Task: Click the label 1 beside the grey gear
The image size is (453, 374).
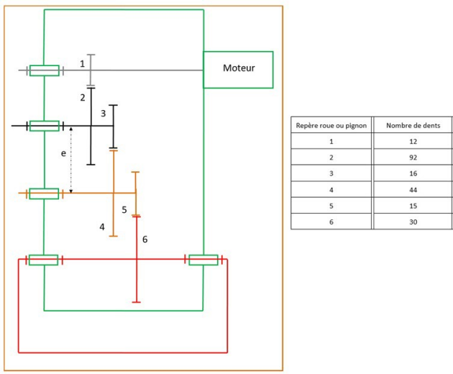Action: pyautogui.click(x=83, y=63)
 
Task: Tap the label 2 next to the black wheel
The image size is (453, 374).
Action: pyautogui.click(x=83, y=98)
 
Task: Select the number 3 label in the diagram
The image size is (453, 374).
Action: pyautogui.click(x=103, y=114)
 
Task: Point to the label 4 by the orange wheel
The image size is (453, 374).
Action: pyautogui.click(x=102, y=227)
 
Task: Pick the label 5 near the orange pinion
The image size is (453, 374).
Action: pyautogui.click(x=124, y=209)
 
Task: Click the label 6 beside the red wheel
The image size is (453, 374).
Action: pyautogui.click(x=145, y=240)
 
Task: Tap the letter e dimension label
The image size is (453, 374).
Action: pyautogui.click(x=63, y=153)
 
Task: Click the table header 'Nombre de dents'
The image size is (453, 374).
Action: pyautogui.click(x=413, y=125)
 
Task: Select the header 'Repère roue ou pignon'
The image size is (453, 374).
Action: pyautogui.click(x=331, y=126)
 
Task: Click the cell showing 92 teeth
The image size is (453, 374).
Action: pyautogui.click(x=413, y=158)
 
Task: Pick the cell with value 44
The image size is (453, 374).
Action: pyautogui.click(x=413, y=190)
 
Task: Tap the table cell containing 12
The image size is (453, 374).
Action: pyautogui.click(x=413, y=142)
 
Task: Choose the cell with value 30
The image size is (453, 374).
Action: pyautogui.click(x=413, y=222)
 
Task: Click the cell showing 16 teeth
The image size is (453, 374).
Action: pyautogui.click(x=413, y=173)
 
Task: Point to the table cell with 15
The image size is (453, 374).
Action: pyautogui.click(x=413, y=206)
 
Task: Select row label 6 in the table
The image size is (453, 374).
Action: pyautogui.click(x=331, y=222)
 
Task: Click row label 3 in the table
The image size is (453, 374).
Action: pyautogui.click(x=331, y=173)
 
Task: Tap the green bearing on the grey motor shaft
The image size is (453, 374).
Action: pyautogui.click(x=45, y=70)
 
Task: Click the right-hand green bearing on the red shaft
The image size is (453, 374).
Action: pyautogui.click(x=203, y=260)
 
